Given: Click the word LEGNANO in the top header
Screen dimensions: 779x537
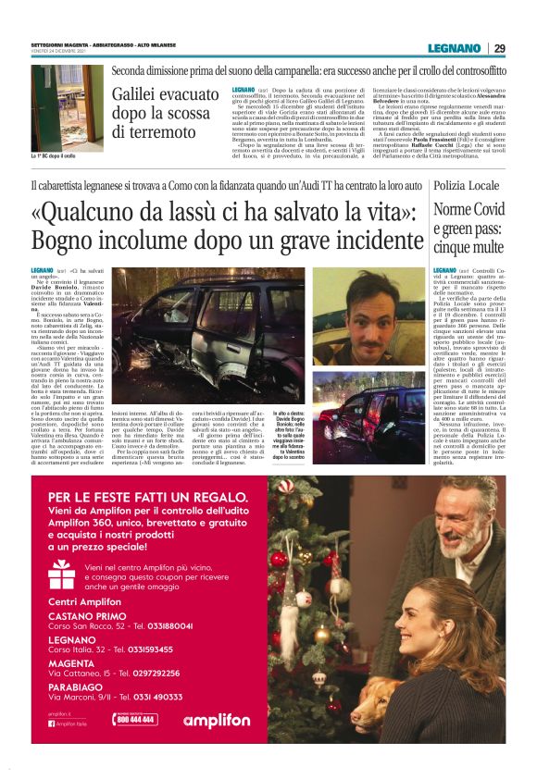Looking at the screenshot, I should point(454,48).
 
